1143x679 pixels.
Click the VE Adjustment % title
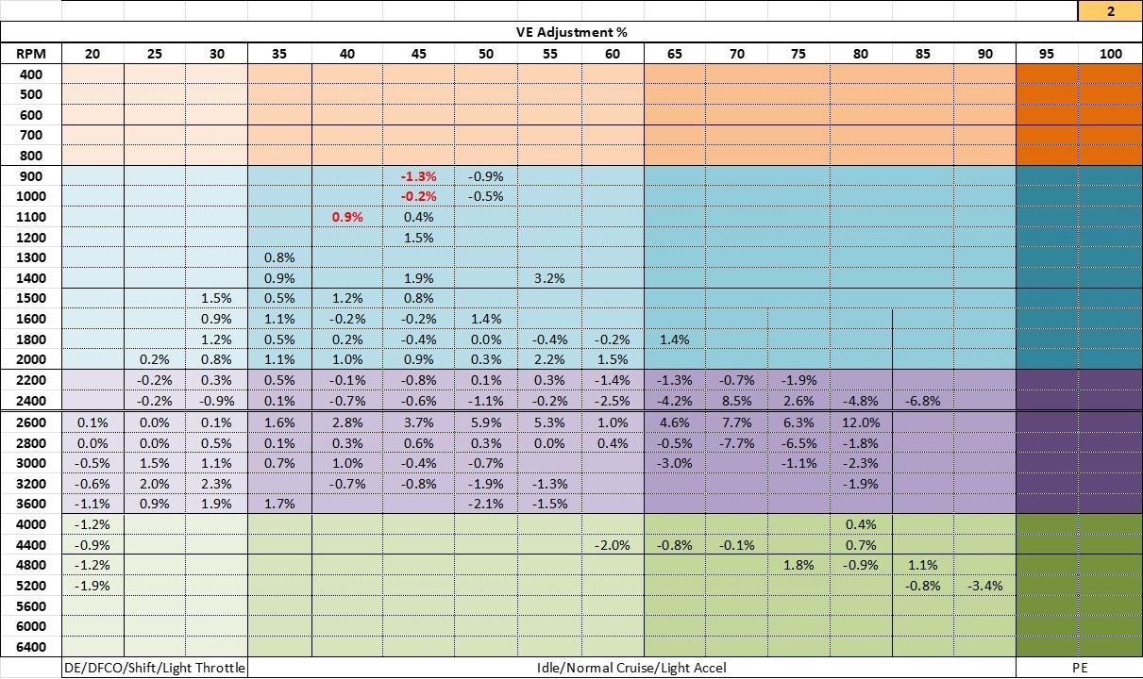pyautogui.click(x=572, y=32)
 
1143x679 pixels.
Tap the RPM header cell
pyautogui.click(x=31, y=54)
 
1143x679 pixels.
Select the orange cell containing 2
pyautogui.click(x=1110, y=10)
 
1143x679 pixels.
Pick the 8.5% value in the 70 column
pyautogui.click(x=736, y=400)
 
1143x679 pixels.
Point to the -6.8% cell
pyautogui.click(x=922, y=400)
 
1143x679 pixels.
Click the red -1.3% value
pyautogui.click(x=418, y=176)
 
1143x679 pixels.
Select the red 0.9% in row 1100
pyautogui.click(x=347, y=217)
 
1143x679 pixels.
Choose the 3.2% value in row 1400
pyautogui.click(x=549, y=278)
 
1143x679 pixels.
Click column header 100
pyautogui.click(x=1110, y=54)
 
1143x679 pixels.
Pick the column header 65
pyautogui.click(x=675, y=54)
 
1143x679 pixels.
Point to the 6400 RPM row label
pyautogui.click(x=31, y=647)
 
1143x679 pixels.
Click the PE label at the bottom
pyautogui.click(x=1079, y=668)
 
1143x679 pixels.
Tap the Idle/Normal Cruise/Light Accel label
pyautogui.click(x=631, y=668)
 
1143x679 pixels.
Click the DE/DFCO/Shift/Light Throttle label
pyautogui.click(x=155, y=668)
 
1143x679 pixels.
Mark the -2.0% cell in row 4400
pyautogui.click(x=613, y=545)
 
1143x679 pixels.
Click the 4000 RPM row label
pyautogui.click(x=31, y=524)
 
